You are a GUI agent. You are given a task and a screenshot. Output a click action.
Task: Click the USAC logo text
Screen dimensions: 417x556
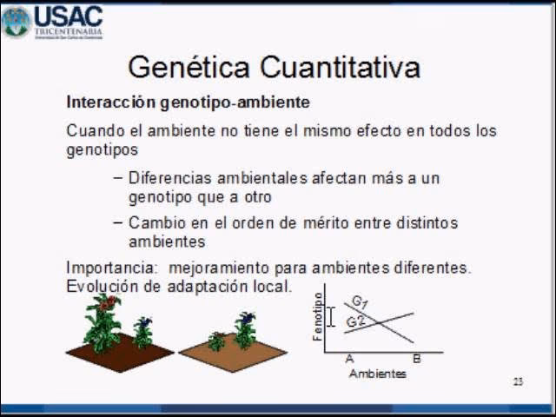point(69,17)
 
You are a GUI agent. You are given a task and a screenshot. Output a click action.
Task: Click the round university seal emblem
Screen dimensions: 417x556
point(16,22)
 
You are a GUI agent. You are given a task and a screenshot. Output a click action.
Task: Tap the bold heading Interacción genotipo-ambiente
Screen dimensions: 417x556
point(188,103)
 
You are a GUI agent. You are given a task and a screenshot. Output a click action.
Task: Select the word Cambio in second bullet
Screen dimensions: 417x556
point(154,223)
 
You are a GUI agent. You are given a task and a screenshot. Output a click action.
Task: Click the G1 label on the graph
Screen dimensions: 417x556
point(360,301)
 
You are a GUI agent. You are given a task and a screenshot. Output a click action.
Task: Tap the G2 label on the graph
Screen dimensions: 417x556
point(355,321)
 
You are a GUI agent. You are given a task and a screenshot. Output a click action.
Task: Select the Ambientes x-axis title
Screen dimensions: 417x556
point(377,374)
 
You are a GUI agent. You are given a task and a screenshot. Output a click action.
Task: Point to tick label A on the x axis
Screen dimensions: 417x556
point(349,359)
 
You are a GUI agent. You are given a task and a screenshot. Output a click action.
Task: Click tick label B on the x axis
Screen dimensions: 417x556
point(416,359)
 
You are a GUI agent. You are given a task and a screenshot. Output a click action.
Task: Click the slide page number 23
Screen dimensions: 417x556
point(518,381)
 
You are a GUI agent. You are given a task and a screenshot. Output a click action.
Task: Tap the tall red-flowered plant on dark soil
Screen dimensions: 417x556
point(103,321)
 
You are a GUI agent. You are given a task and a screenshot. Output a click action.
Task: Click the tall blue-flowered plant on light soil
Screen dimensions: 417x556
point(245,328)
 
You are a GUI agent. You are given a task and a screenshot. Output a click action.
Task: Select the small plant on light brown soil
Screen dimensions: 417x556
point(216,341)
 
